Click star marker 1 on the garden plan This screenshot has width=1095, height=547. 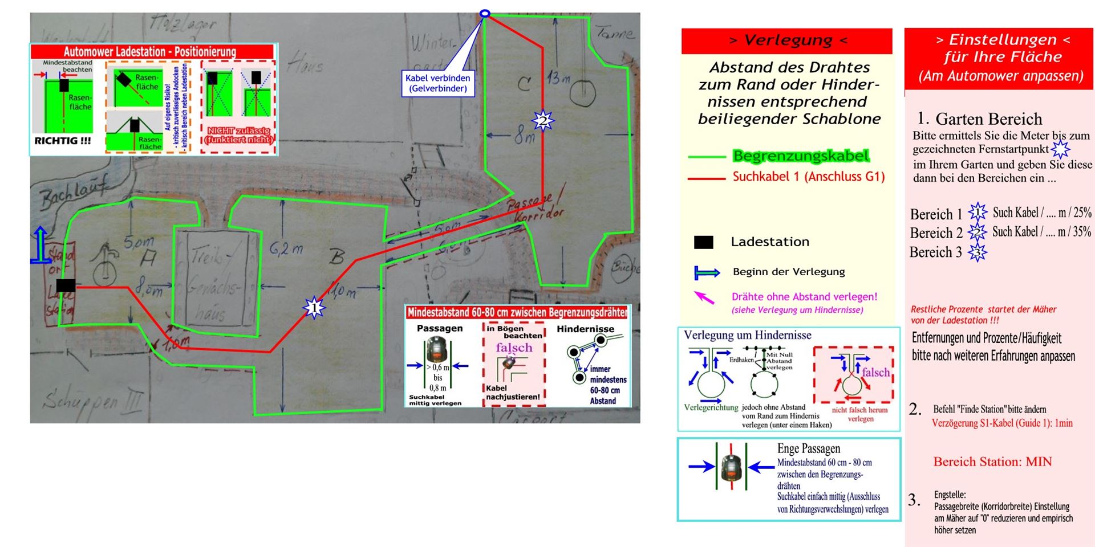(314, 308)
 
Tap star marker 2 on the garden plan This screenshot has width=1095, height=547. (542, 121)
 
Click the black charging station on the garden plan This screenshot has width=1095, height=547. (66, 285)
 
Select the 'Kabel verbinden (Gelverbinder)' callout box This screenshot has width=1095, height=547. (438, 83)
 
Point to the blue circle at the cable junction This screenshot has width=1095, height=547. (485, 13)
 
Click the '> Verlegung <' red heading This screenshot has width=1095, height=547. (786, 40)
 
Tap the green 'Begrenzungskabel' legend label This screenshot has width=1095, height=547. (801, 156)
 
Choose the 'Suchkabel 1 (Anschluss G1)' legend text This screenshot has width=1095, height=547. (808, 177)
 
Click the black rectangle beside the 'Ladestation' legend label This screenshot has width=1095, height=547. (703, 242)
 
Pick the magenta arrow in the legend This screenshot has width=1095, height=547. (704, 297)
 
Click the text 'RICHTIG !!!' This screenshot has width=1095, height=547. (63, 141)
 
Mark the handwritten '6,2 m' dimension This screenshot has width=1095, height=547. (286, 248)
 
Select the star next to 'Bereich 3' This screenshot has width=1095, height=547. (977, 252)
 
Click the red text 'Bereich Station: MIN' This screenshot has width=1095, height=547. (992, 462)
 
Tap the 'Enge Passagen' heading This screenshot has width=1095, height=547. (808, 448)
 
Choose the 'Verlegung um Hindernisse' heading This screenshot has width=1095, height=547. (747, 335)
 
